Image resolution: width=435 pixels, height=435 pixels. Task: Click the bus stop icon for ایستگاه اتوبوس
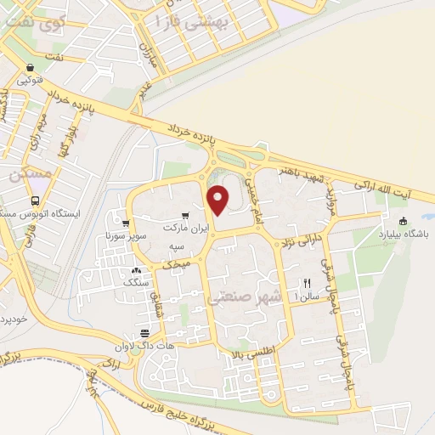34,201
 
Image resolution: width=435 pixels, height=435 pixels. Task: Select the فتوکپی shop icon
30,68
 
